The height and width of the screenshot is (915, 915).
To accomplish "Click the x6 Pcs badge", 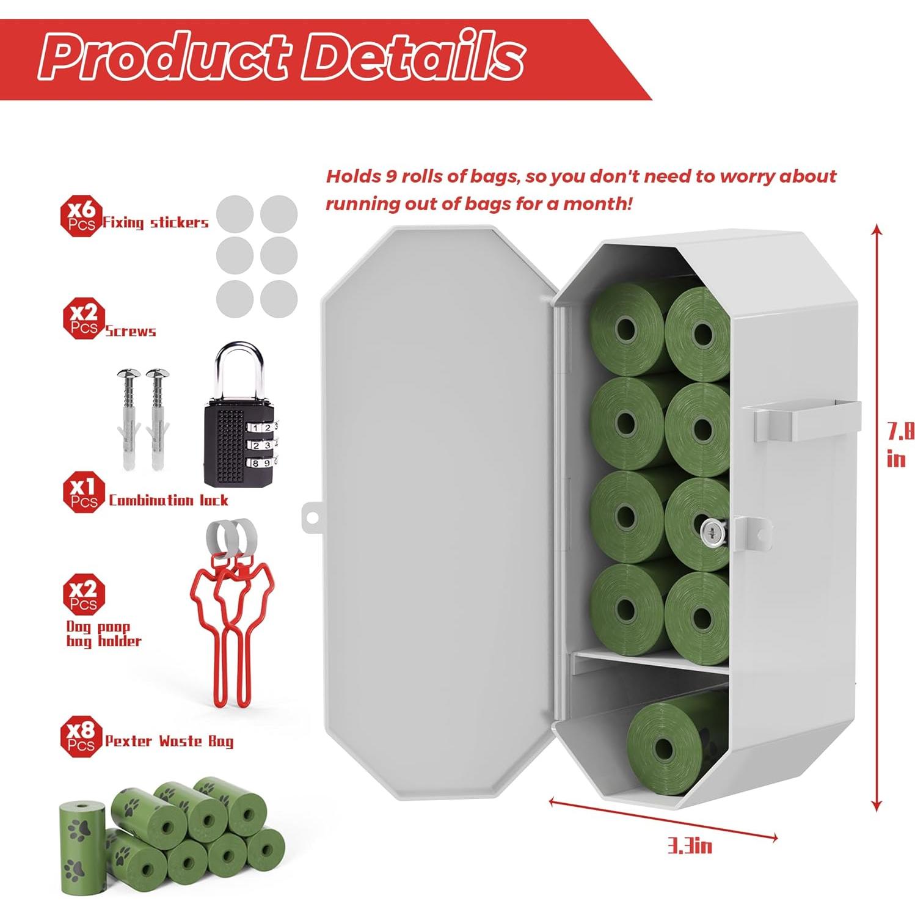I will [x=81, y=217].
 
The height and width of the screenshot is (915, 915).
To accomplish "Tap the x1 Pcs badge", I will [x=84, y=494].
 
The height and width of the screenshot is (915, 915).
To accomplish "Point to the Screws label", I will [x=130, y=332].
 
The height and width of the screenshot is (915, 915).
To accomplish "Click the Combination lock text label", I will [x=168, y=500].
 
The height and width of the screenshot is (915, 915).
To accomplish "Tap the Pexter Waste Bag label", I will [x=169, y=741].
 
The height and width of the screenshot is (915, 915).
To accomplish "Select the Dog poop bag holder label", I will [x=103, y=633].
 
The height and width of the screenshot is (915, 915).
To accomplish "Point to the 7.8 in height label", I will [x=899, y=445].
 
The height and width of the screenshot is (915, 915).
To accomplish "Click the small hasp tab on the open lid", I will [x=312, y=515].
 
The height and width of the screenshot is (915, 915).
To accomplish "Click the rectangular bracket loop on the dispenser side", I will [x=806, y=421].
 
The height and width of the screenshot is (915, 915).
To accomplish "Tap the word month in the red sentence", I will [x=591, y=203].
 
